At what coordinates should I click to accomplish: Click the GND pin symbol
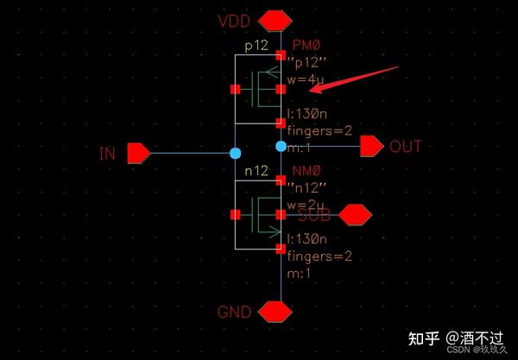[275, 311]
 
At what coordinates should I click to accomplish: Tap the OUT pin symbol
[371, 147]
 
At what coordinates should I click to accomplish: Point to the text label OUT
[406, 147]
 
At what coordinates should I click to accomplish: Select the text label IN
[108, 155]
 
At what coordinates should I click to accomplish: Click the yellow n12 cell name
[256, 171]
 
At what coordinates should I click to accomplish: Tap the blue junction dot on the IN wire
[235, 154]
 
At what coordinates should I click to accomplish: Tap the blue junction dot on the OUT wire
[281, 147]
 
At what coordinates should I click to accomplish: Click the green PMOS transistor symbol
[259, 89]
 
